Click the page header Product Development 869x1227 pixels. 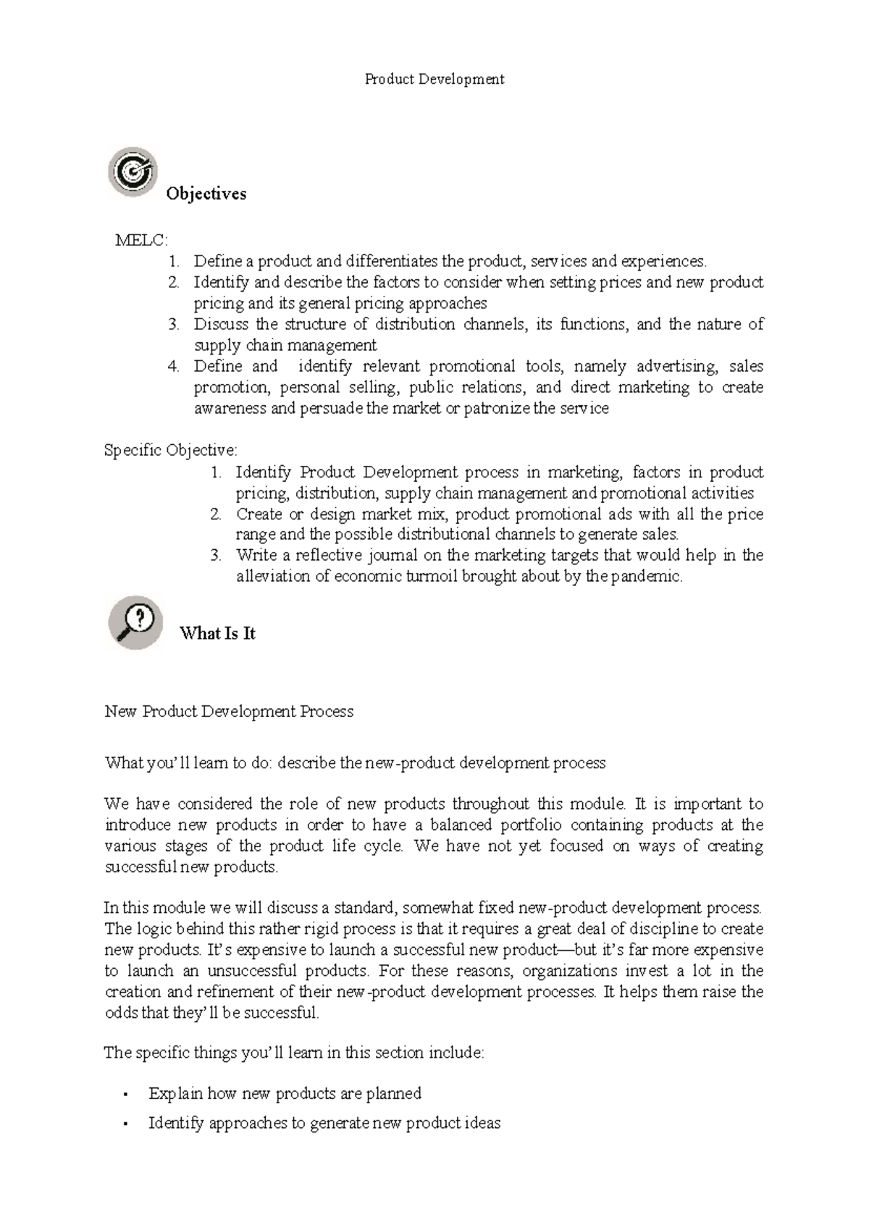pos(434,79)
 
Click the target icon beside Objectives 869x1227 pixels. pos(133,171)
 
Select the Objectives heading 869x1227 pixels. pos(206,194)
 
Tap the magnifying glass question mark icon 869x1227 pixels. pos(135,621)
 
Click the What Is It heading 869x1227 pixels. pos(217,634)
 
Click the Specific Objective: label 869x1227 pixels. pos(170,451)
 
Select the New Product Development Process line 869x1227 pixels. pos(229,712)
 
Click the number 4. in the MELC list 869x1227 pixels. pos(173,367)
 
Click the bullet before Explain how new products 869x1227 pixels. pos(126,1094)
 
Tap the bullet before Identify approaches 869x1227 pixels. pos(126,1124)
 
